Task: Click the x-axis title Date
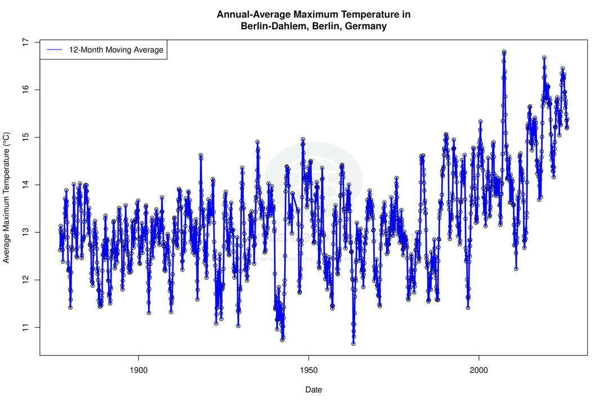click(314, 389)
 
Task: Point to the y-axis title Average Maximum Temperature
click(7, 198)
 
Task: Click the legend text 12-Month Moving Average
click(116, 50)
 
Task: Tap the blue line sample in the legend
click(55, 50)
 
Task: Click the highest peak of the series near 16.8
click(504, 52)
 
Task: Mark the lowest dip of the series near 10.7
click(354, 343)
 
